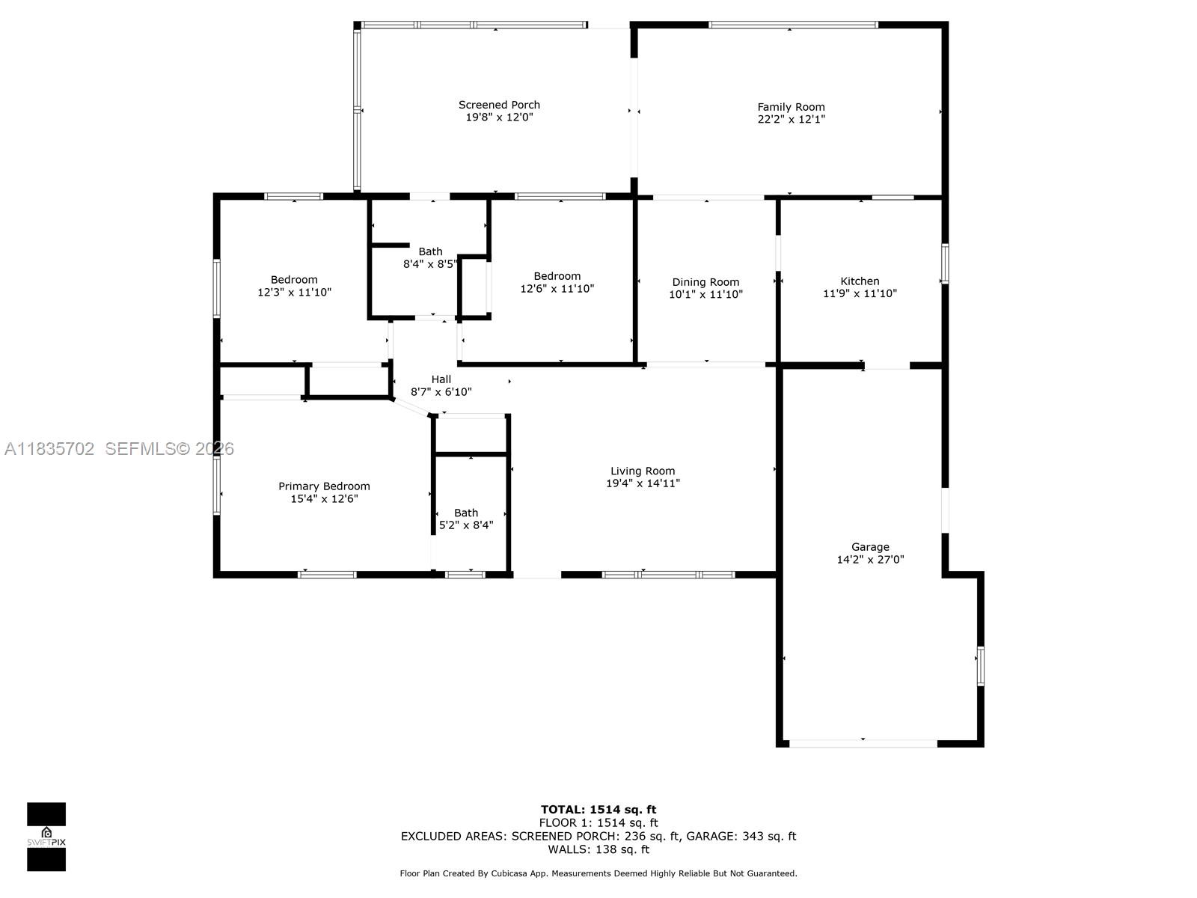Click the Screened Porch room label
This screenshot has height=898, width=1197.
pos(499,105)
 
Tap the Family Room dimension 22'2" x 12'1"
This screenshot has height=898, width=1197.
pos(791,119)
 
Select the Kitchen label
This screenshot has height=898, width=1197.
pos(860,281)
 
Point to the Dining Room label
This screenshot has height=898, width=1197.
pos(705,282)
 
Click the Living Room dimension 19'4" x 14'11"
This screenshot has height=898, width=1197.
pos(643,483)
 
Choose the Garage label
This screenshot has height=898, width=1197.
pos(870,547)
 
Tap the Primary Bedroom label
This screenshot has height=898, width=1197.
pos(324,486)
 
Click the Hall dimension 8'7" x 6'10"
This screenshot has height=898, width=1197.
pos(441,392)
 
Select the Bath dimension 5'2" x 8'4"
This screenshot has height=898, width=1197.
pos(465,525)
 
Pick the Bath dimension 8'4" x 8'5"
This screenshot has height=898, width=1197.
pos(430,264)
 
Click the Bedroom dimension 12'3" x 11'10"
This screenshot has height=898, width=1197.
pos(294,293)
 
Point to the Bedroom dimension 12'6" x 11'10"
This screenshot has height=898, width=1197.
pos(557,289)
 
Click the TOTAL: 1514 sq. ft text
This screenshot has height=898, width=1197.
pos(598,809)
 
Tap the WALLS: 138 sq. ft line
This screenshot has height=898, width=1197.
pos(598,849)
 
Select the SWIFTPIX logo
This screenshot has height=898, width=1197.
pos(46,837)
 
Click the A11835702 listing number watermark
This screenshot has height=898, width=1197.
pos(49,449)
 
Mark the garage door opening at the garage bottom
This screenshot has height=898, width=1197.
pos(863,743)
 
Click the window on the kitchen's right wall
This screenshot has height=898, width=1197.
pos(945,263)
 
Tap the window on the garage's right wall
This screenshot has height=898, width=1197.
pos(980,666)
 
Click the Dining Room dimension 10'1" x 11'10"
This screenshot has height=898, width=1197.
pos(705,295)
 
